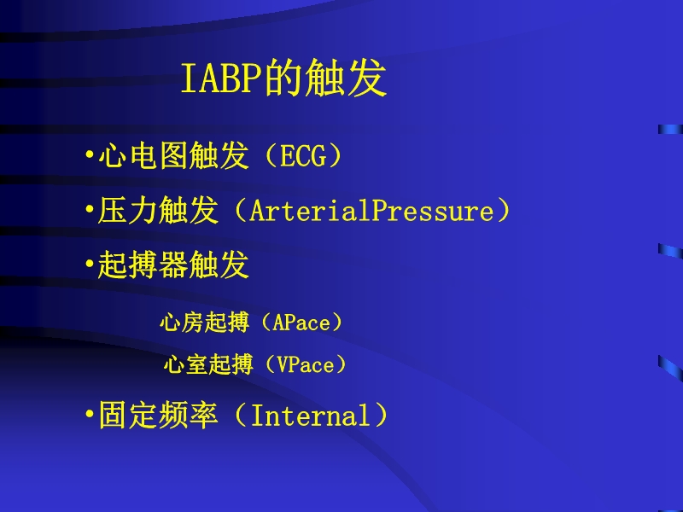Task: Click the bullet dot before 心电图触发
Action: coord(90,157)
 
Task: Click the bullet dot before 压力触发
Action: coord(90,212)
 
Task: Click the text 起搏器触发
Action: coord(173,265)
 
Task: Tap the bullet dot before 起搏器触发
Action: coord(90,265)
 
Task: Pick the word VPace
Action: coord(306,365)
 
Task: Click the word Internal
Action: coord(311,416)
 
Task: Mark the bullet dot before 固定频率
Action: coord(90,416)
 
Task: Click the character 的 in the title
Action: coord(281,80)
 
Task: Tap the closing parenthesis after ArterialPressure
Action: coord(504,212)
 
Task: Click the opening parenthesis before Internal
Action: coord(238,416)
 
